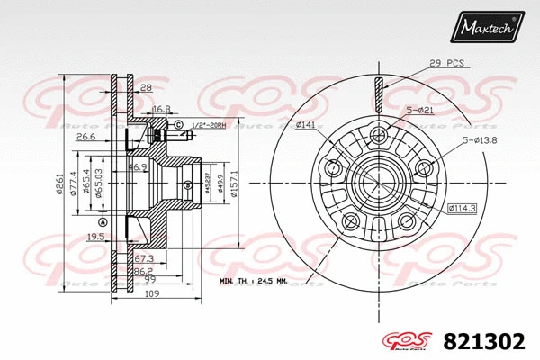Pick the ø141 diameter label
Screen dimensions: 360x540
pos(305,125)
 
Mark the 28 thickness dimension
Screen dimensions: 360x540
pos(144,87)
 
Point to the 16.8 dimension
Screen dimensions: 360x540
pos(161,108)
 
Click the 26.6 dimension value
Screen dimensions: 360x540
pos(86,137)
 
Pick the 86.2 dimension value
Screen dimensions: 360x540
pos(142,269)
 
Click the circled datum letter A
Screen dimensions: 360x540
pos(103,222)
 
